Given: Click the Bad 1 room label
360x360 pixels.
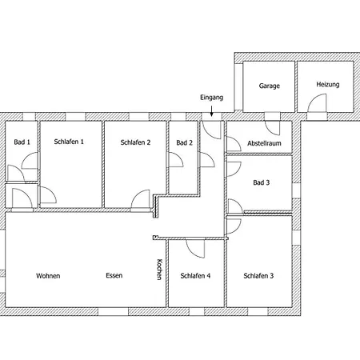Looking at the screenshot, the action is (22, 142).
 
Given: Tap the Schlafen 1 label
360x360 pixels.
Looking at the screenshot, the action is (69, 142).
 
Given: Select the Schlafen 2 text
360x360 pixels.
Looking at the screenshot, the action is (135, 142).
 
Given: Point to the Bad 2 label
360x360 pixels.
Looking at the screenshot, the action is (184, 143).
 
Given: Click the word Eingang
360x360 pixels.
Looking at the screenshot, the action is (212, 98).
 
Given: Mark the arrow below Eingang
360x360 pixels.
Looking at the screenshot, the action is (211, 111).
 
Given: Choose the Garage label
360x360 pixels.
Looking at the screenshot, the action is (270, 86).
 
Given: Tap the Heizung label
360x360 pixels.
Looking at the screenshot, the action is (328, 85).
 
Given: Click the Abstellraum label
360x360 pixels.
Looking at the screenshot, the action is (264, 143).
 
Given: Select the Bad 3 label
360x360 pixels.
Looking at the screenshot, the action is (262, 182).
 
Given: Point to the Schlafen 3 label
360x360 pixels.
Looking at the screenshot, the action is (258, 276).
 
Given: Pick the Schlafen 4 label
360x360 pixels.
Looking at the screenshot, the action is (195, 276).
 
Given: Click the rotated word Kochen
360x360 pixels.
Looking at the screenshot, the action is (159, 270).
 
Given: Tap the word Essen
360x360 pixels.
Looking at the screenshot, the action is (114, 275).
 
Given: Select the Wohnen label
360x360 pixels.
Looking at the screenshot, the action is (48, 276).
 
